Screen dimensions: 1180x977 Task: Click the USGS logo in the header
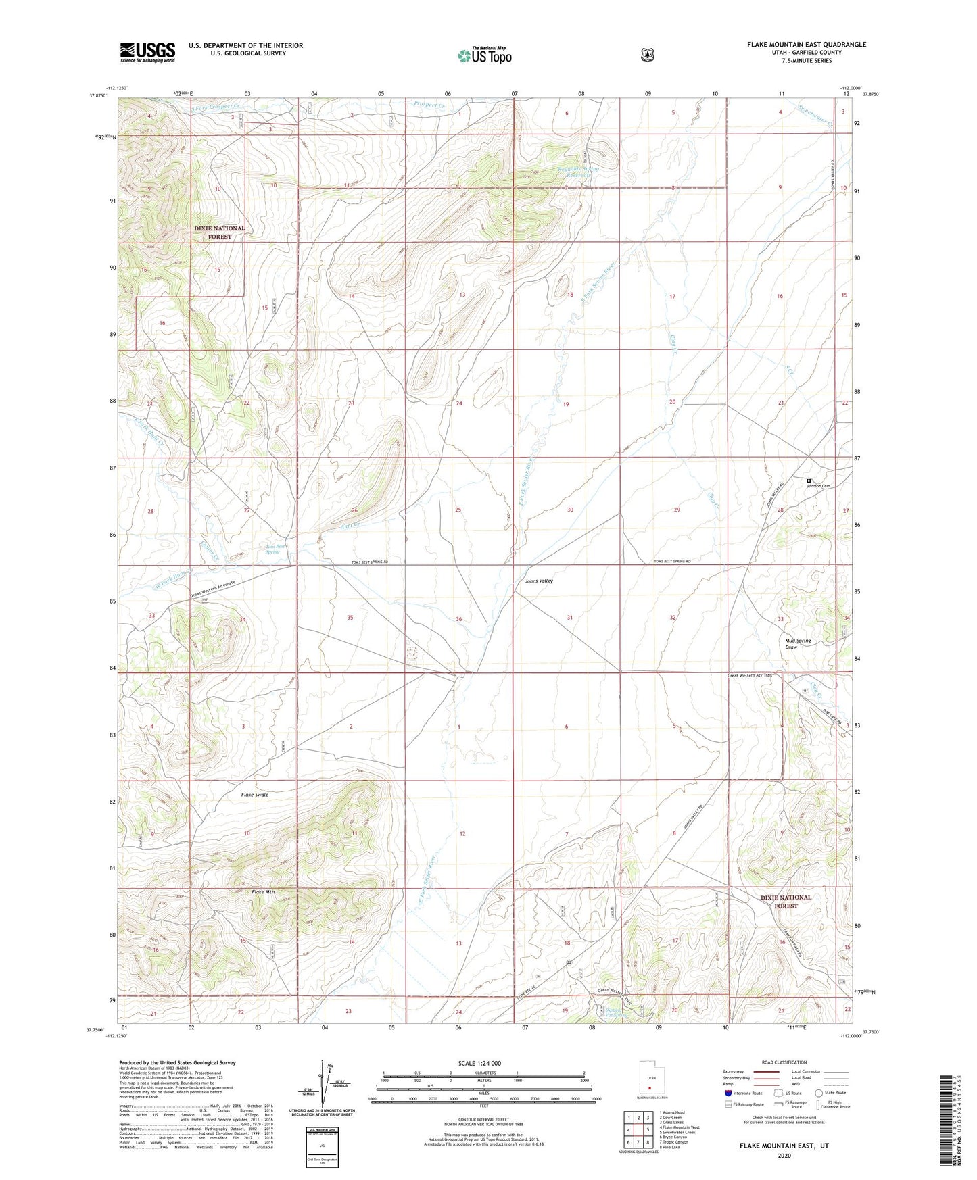tap(147, 52)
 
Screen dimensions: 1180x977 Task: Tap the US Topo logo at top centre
tap(484, 55)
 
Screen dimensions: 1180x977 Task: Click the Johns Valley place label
tap(539, 581)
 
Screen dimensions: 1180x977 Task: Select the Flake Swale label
tap(255, 795)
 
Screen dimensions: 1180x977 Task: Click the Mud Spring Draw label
tap(798, 643)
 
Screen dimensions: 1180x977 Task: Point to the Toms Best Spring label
tap(272, 549)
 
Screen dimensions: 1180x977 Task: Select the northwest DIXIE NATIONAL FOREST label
tap(219, 232)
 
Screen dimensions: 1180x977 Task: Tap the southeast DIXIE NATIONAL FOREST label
tap(786, 902)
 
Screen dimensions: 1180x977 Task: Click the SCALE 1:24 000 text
tap(479, 1063)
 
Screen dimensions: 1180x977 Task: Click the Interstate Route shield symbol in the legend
tap(728, 1093)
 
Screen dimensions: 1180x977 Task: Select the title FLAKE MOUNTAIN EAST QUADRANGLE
tap(806, 45)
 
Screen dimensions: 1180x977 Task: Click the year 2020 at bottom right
tap(784, 1155)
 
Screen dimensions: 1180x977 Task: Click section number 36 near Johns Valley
tap(459, 619)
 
